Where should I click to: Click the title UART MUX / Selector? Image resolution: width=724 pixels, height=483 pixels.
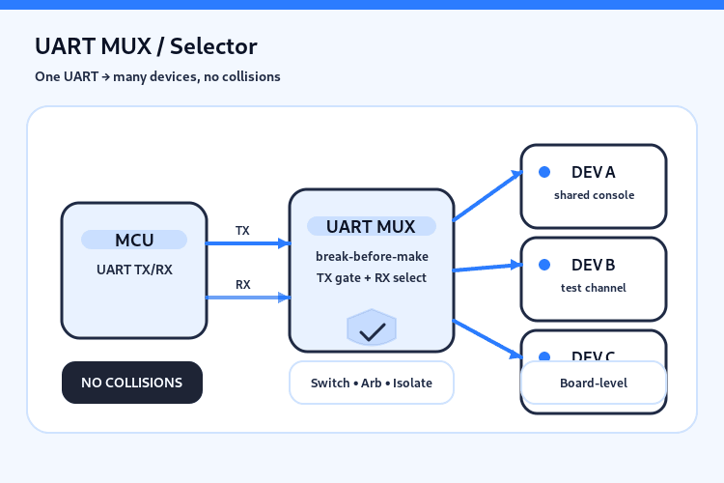click(146, 46)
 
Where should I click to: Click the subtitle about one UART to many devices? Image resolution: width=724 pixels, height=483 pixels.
click(157, 76)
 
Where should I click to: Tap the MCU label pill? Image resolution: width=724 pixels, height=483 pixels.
click(134, 241)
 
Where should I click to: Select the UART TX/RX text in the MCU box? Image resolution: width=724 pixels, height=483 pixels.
click(134, 270)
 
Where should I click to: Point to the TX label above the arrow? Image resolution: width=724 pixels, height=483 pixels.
click(242, 231)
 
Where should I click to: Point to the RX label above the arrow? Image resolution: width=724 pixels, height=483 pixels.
click(242, 285)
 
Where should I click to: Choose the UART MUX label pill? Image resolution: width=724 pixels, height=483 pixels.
click(371, 227)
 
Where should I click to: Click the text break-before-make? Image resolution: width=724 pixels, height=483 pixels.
click(372, 256)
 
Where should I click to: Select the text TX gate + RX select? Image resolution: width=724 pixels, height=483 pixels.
click(372, 277)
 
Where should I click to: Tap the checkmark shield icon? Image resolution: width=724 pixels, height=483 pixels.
click(372, 329)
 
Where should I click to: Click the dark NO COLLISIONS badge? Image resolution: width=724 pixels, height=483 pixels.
click(132, 383)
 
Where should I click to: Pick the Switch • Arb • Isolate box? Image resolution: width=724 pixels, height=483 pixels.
click(372, 383)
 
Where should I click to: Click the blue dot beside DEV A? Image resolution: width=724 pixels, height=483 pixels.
click(544, 172)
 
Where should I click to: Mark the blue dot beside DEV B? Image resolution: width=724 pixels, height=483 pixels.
click(544, 265)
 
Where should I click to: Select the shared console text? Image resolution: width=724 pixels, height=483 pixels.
click(594, 195)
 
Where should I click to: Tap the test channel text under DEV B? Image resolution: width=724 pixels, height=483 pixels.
click(594, 288)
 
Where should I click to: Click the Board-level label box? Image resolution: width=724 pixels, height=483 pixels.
click(594, 384)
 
